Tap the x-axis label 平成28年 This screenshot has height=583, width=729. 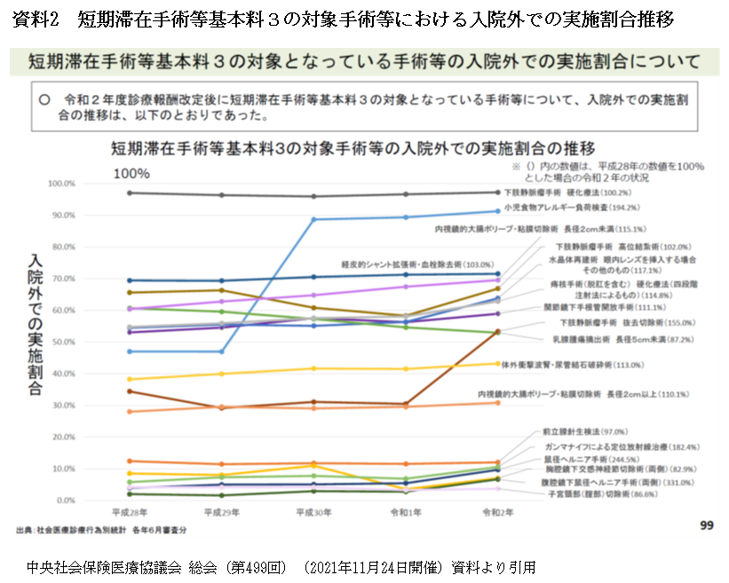coord(130,513)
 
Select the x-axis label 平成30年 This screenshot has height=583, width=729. coord(313,513)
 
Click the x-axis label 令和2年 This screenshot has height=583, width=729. coord(497,513)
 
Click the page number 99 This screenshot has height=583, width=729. coord(707,525)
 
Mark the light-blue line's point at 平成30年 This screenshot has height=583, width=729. coord(314,219)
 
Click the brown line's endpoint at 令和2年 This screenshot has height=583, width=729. coord(497,332)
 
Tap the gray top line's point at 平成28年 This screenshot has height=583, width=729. coord(130,193)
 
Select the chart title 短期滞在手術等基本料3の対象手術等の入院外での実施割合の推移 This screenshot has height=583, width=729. coord(353,146)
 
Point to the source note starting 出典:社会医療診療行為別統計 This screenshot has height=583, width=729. coord(101,530)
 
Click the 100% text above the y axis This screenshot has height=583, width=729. coord(131,172)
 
